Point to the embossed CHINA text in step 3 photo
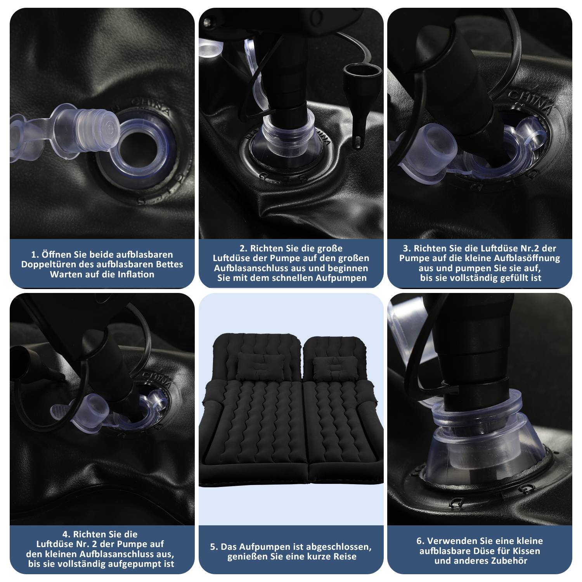click(530, 102)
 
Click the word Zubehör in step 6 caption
click(507, 561)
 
